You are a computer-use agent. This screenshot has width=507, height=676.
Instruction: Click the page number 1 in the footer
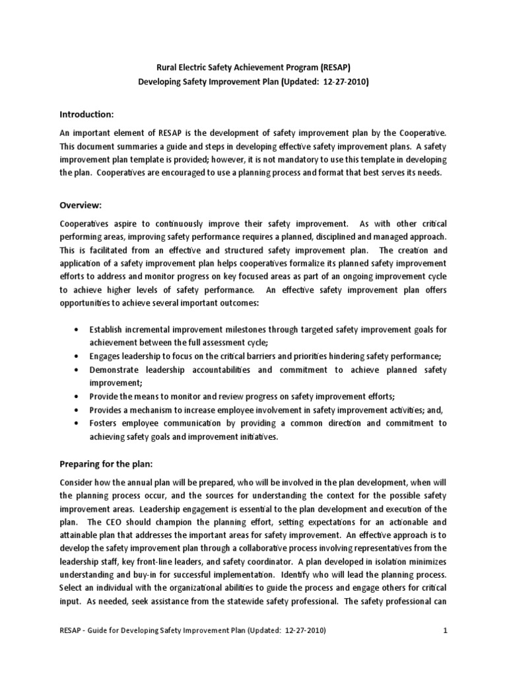(446, 650)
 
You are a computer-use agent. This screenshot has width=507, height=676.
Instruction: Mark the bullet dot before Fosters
(79, 423)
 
